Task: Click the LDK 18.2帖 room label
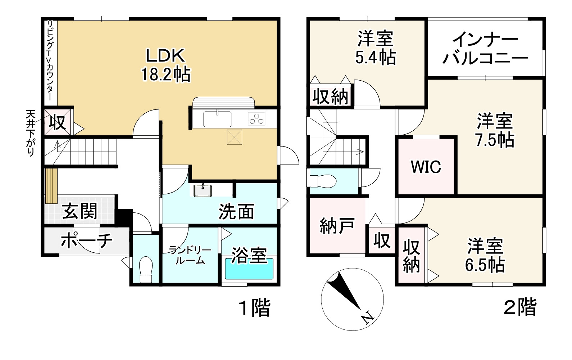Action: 165,65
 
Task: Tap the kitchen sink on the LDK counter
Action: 217,119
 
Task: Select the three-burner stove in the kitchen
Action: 257,119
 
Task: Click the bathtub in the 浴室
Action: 249,269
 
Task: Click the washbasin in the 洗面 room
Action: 203,190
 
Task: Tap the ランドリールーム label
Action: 190,255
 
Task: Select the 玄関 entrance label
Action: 80,211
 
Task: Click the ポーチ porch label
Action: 86,240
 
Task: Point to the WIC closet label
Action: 426,167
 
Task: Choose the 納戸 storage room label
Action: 337,226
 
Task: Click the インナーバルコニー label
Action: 485,48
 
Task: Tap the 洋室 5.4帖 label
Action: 375,48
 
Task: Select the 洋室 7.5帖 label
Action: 495,130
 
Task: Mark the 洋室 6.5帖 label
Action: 485,255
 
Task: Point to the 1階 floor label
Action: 254,308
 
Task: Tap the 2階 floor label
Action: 520,307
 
